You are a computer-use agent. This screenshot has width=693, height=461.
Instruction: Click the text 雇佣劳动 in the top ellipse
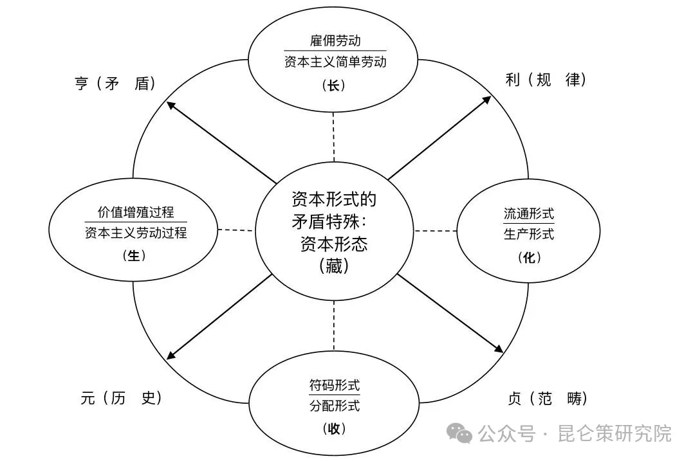335,41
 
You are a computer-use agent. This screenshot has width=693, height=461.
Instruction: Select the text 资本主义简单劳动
335,62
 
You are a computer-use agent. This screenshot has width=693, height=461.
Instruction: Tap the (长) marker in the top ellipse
333,85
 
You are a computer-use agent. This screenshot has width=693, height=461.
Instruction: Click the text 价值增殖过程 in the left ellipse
136,212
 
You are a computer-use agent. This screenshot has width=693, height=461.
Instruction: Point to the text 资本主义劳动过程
136,233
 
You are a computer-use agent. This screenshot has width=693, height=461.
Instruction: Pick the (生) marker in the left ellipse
134,255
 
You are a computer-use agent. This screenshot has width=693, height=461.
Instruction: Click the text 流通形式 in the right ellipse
529,213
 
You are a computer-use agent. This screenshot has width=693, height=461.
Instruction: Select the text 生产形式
529,234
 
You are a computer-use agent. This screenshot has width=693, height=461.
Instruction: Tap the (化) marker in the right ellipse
529,257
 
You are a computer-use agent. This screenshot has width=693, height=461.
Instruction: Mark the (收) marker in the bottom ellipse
334,428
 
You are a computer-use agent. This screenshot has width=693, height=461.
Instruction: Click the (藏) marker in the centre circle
333,266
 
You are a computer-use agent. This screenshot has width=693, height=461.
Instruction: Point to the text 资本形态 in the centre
333,244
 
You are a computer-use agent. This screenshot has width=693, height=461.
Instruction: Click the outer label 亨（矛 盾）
115,84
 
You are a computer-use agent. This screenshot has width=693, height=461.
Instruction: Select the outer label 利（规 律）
546,80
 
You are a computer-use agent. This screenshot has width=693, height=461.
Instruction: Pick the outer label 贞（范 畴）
548,399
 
